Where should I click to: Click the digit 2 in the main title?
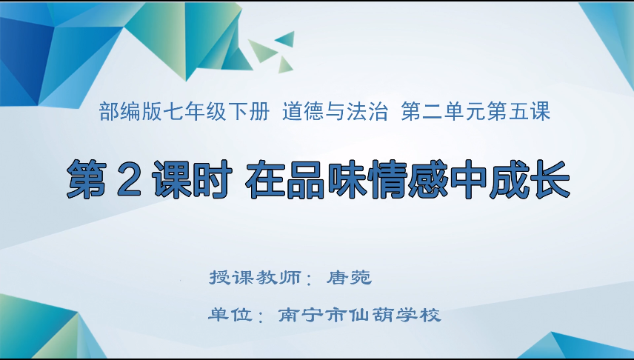(x=130, y=179)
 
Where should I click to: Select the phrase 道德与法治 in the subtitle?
(x=336, y=112)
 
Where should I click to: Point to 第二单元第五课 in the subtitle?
(x=475, y=112)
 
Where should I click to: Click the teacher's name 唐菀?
(x=350, y=278)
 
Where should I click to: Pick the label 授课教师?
(x=255, y=278)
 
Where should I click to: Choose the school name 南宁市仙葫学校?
(x=359, y=315)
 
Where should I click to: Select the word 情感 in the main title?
(x=408, y=179)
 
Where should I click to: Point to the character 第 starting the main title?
(x=87, y=179)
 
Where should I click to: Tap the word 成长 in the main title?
(x=530, y=179)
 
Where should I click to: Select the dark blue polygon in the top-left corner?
(x=22, y=56)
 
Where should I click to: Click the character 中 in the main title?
(x=469, y=179)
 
